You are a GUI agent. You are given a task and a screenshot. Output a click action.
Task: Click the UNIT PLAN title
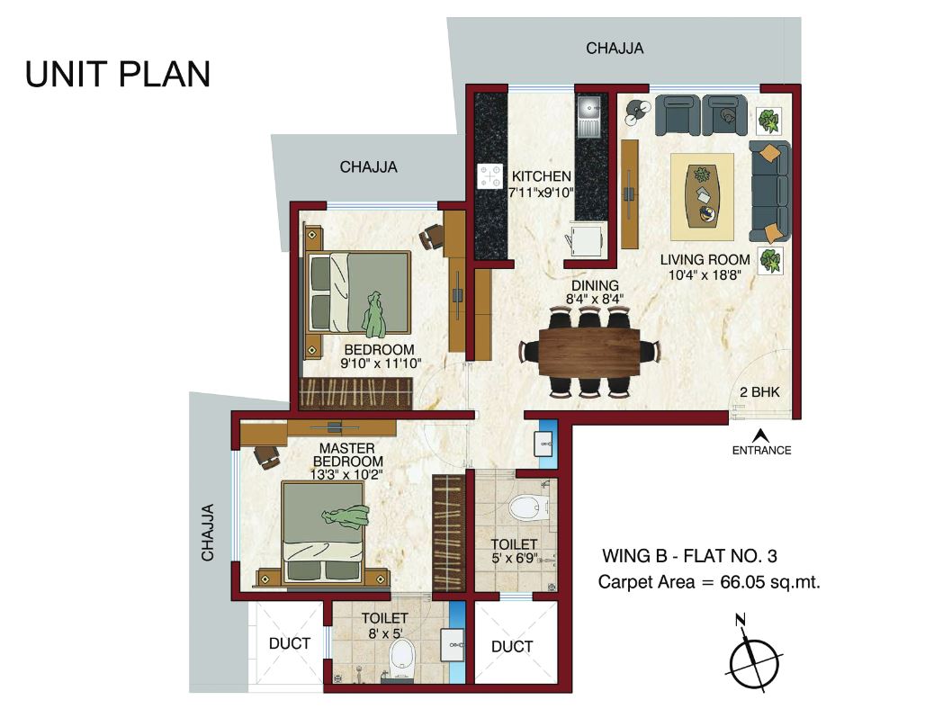click(118, 75)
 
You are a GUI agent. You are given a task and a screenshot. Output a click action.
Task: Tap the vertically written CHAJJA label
click(208, 532)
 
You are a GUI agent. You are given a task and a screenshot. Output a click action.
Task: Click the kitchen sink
click(588, 117)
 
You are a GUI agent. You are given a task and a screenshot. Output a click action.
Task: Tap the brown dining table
click(589, 352)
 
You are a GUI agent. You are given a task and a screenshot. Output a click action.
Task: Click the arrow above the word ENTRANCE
click(760, 433)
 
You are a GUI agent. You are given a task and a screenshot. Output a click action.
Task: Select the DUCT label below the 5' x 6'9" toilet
click(513, 646)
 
